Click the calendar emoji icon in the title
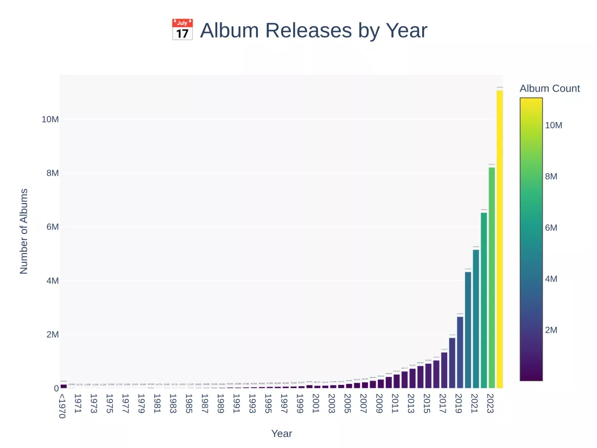[182, 30]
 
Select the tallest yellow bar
[499, 239]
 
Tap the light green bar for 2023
[492, 277]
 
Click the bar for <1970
[63, 386]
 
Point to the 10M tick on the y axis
[50, 119]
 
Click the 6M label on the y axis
[52, 227]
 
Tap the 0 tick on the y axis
[56, 388]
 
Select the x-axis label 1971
[78, 404]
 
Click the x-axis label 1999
[299, 404]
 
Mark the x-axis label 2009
[378, 404]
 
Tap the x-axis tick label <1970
[62, 406]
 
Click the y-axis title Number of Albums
[24, 231]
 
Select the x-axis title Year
[282, 433]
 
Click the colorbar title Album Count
[549, 89]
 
